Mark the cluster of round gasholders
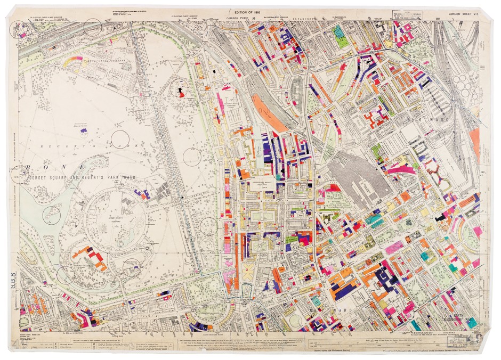[471, 85]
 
